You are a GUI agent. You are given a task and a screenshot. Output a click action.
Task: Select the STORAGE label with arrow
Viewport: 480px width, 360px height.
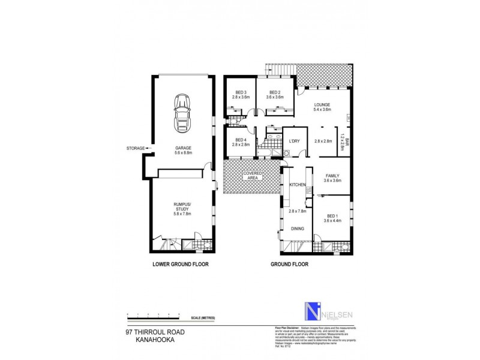pos(137,148)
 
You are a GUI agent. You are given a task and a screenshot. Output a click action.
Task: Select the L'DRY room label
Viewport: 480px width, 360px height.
pos(294,142)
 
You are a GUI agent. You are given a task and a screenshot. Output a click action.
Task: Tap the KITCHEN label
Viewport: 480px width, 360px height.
pos(298,184)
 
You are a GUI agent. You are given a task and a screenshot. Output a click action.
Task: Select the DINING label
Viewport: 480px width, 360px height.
pos(298,229)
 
